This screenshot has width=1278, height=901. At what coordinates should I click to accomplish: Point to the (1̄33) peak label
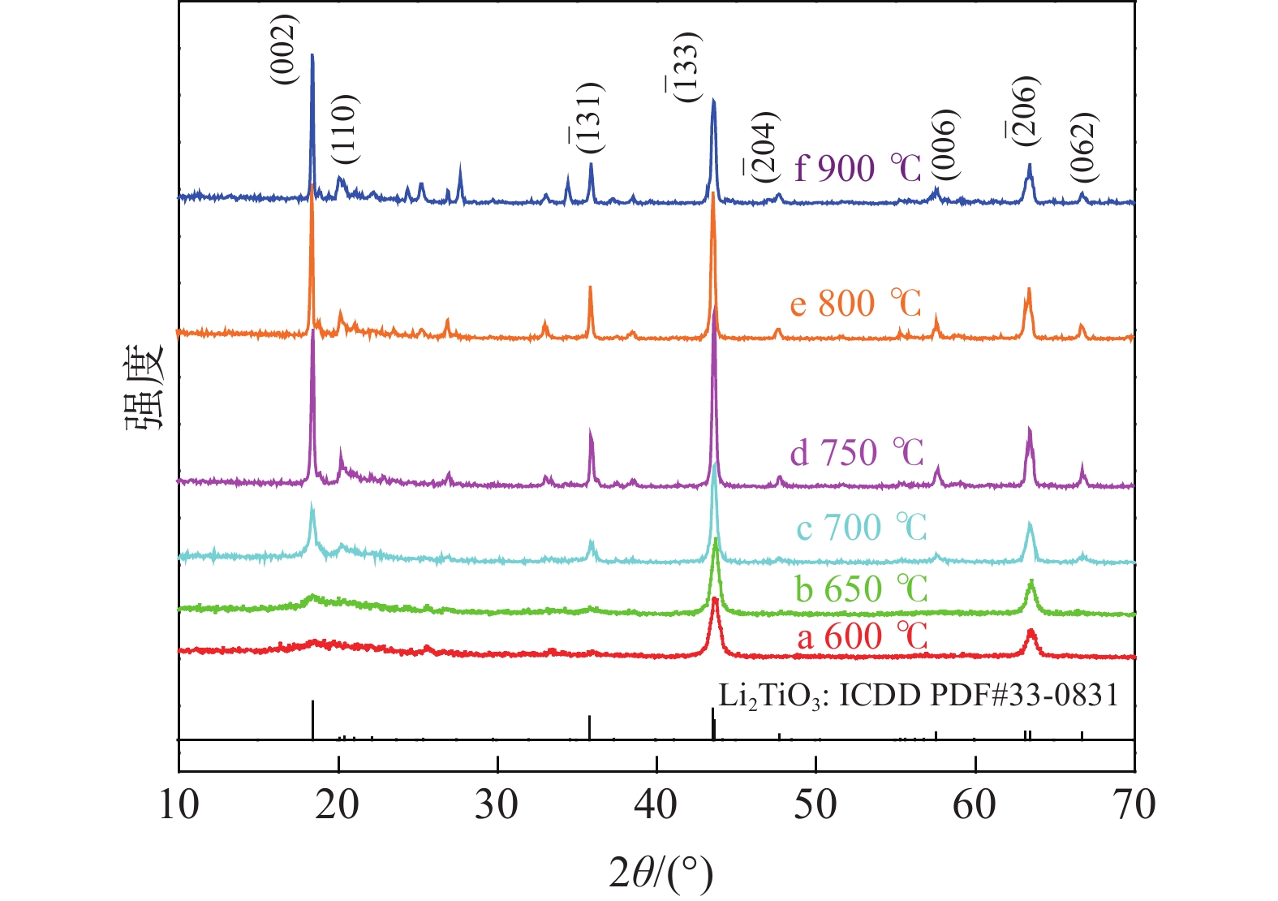tap(683, 67)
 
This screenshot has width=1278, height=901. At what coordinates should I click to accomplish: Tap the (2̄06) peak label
tap(1026, 110)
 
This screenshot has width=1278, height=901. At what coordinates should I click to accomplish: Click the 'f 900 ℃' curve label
tap(858, 169)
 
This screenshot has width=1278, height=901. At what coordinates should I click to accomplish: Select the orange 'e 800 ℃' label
tap(856, 304)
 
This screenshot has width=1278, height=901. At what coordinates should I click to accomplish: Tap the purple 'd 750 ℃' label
tap(857, 453)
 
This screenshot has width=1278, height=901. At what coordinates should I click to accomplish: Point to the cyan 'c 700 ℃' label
tap(861, 528)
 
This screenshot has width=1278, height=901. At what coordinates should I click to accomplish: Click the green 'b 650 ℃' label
tap(861, 588)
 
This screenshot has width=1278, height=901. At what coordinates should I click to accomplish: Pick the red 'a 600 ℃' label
tap(862, 636)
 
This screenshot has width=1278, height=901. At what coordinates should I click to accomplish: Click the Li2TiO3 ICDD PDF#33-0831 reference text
tap(919, 696)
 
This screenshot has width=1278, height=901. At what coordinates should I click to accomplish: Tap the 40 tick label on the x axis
tap(656, 804)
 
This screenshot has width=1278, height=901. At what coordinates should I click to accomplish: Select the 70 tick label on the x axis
tap(1134, 804)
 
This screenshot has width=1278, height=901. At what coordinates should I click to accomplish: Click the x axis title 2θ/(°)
tap(661, 874)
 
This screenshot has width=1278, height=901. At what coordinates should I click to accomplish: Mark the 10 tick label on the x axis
tap(179, 804)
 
